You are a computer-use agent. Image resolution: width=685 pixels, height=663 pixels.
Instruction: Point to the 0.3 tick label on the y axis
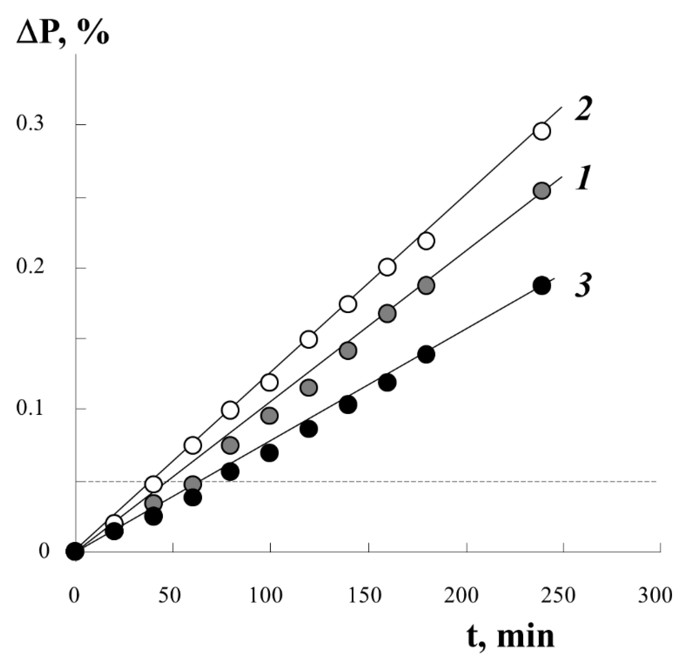30,125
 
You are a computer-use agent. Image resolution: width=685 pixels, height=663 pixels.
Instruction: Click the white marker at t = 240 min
542,132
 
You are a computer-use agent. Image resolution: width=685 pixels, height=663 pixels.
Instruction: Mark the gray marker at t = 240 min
542,190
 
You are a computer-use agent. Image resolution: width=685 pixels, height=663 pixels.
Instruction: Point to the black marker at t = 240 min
542,286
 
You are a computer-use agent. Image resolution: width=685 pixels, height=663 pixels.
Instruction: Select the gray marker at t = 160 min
387,313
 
